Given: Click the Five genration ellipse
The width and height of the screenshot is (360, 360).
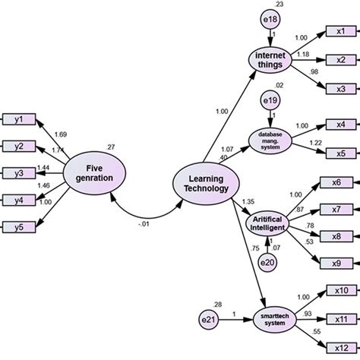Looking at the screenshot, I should click(x=95, y=173).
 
